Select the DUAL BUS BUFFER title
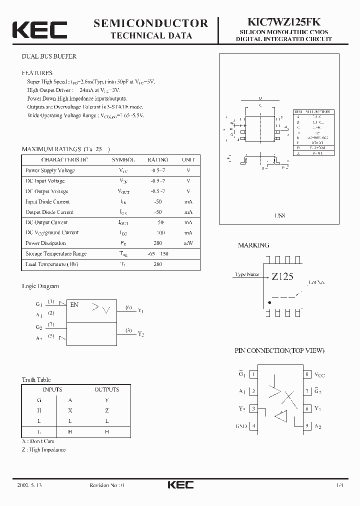point(49,56)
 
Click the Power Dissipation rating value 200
point(157,243)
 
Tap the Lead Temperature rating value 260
point(157,264)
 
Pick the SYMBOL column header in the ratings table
point(123,160)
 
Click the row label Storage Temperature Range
point(56,254)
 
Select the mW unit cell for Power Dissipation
point(188,243)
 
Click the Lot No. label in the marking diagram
point(316,282)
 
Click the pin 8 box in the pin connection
point(306,374)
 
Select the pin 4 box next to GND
point(253,426)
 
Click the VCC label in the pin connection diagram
point(319,374)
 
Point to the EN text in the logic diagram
point(74,304)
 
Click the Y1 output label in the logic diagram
point(140,310)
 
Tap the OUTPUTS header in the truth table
point(106,389)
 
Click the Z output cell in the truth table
point(106,410)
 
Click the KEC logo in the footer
point(180,485)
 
